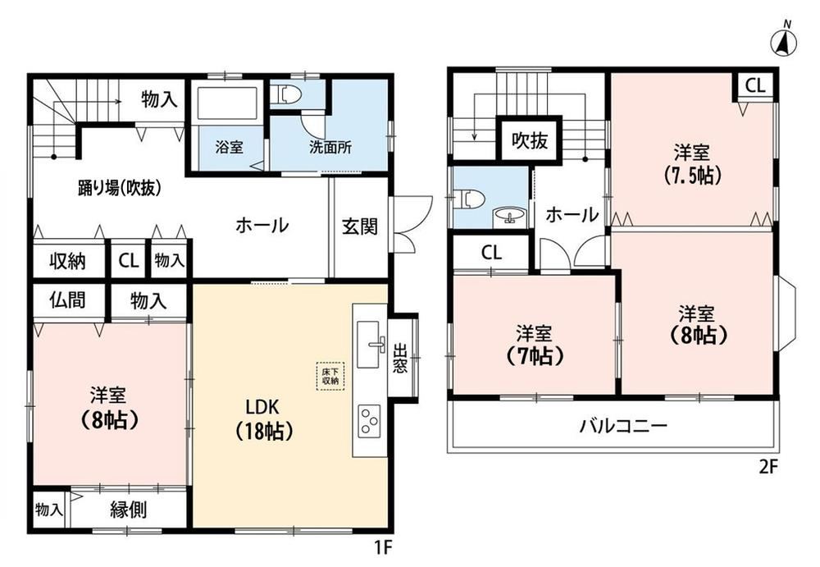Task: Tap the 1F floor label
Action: pos(383,547)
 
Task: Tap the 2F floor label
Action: pos(769,466)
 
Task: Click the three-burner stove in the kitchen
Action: pos(369,421)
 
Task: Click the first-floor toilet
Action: pos(289,94)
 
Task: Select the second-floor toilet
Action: pos(469,199)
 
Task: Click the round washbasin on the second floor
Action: pos(509,216)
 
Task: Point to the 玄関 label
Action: pos(360,226)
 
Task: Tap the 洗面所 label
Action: pos(330,147)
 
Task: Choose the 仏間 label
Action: pos(67,300)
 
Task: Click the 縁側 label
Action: pos(128,509)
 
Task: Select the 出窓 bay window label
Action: pos(400,358)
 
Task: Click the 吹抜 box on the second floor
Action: pos(529,139)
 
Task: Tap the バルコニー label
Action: pos(623,425)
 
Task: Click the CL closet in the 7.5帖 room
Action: pos(754,85)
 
